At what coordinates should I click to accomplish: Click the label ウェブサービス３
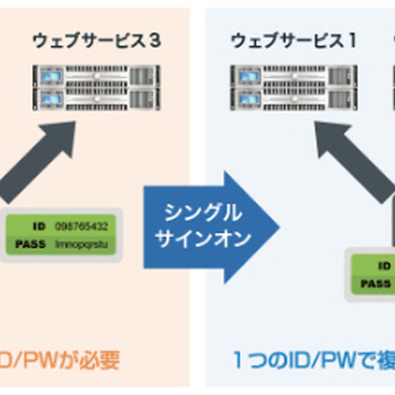(96, 39)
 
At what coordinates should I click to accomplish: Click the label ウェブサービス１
(292, 39)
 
